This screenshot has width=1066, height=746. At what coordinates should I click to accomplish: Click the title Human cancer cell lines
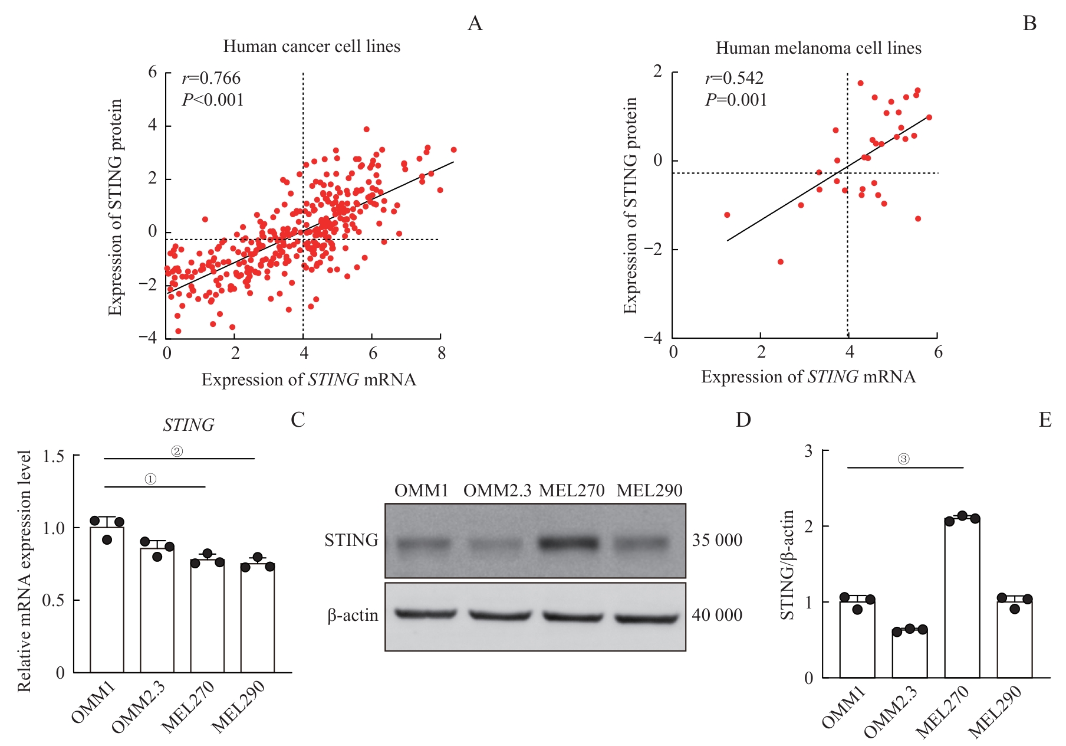pyautogui.click(x=311, y=47)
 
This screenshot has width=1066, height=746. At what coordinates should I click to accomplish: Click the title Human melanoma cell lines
pyautogui.click(x=818, y=48)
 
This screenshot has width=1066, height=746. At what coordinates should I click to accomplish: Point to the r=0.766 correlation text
pyautogui.click(x=211, y=78)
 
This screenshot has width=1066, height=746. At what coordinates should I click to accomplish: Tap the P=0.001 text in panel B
pyautogui.click(x=736, y=100)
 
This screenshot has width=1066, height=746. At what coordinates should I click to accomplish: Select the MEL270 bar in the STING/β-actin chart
pyautogui.click(x=962, y=597)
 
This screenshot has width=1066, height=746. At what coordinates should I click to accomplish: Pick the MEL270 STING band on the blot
pyautogui.click(x=570, y=542)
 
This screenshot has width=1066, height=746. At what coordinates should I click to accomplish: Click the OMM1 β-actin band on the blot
pyautogui.click(x=426, y=614)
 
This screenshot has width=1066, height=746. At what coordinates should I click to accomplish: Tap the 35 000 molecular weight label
pyautogui.click(x=716, y=541)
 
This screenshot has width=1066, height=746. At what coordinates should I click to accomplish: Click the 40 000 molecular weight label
pyautogui.click(x=716, y=616)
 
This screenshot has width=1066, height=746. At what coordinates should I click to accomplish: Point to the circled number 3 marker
pyautogui.click(x=903, y=459)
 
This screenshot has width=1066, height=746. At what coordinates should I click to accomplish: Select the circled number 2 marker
pyautogui.click(x=177, y=451)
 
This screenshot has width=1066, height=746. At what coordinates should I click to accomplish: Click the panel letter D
pyautogui.click(x=743, y=420)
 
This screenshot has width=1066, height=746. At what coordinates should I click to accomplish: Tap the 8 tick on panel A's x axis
pyautogui.click(x=441, y=354)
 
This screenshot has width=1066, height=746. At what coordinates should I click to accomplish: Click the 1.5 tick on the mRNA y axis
pyautogui.click(x=54, y=457)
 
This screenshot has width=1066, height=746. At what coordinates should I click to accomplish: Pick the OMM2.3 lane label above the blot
pyautogui.click(x=497, y=491)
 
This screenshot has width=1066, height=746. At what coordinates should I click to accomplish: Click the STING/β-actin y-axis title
pyautogui.click(x=788, y=565)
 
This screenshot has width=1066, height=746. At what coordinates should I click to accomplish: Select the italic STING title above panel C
pyautogui.click(x=189, y=426)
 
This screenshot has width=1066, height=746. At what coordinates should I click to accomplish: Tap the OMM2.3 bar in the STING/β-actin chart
pyautogui.click(x=909, y=653)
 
